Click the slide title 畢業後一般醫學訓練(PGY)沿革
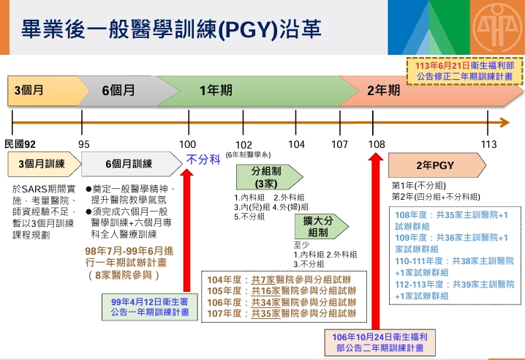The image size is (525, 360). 172,29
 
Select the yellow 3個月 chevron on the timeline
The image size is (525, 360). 33,91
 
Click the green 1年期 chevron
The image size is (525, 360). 216,91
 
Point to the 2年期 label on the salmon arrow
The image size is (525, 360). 383,91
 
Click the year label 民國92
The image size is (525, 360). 20,144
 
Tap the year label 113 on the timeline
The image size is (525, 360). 488,144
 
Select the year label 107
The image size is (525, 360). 339,144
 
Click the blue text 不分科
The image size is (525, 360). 203,160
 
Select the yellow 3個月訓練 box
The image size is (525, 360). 41,164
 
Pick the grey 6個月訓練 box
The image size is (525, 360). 129,164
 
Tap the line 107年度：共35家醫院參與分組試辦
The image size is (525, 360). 282,313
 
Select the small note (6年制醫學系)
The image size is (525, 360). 248,155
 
